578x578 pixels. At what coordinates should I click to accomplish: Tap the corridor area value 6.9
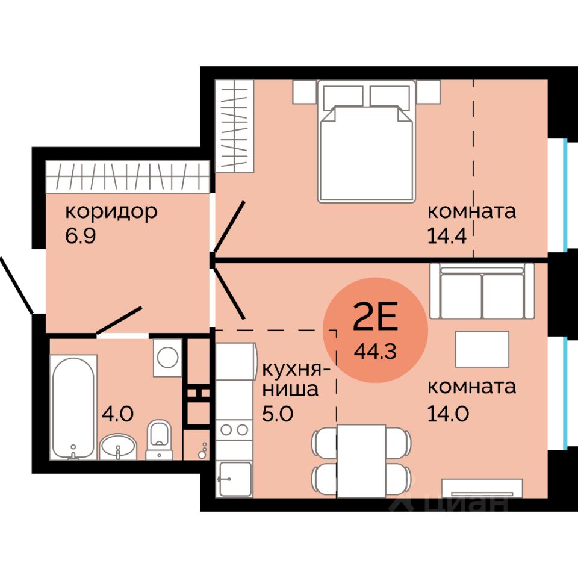click(x=81, y=236)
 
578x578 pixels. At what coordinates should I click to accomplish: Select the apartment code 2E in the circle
click(x=375, y=316)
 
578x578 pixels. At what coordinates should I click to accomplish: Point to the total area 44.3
click(x=375, y=351)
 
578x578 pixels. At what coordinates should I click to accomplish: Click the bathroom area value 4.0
click(x=117, y=414)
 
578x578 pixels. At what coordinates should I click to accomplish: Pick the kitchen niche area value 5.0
click(x=278, y=414)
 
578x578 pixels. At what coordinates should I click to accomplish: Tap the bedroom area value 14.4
click(x=447, y=236)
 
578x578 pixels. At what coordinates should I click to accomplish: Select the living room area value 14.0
click(x=448, y=414)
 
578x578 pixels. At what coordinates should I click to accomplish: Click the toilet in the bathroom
click(x=159, y=440)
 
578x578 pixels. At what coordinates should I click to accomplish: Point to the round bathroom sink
click(x=118, y=447)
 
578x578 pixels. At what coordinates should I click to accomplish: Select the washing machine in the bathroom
click(x=168, y=358)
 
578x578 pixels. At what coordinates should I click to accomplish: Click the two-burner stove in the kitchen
click(x=234, y=429)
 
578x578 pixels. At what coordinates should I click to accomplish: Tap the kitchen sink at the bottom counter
click(x=235, y=479)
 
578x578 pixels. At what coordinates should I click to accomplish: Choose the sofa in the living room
click(x=482, y=290)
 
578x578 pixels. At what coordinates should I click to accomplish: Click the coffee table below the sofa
click(x=482, y=349)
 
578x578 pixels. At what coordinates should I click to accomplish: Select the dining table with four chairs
click(x=361, y=461)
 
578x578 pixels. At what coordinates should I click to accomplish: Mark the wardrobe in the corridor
click(x=128, y=177)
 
